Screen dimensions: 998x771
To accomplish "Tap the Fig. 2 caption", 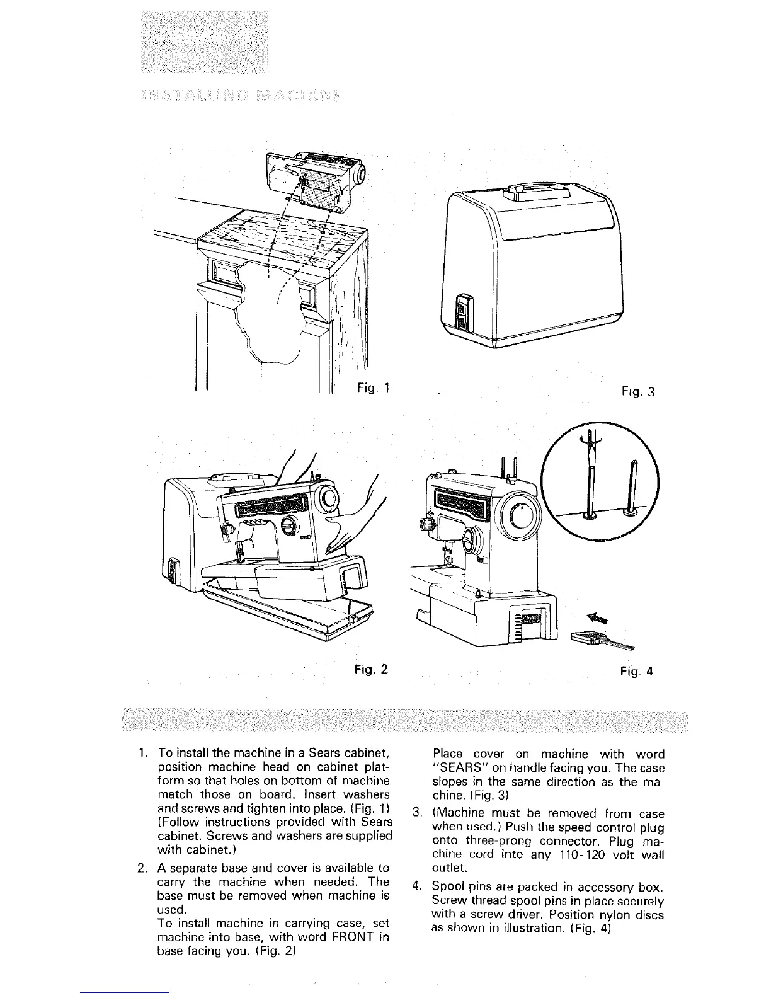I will (371, 668).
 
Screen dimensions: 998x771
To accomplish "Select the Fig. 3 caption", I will (637, 392).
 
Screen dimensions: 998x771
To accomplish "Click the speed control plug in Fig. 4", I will (589, 638).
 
